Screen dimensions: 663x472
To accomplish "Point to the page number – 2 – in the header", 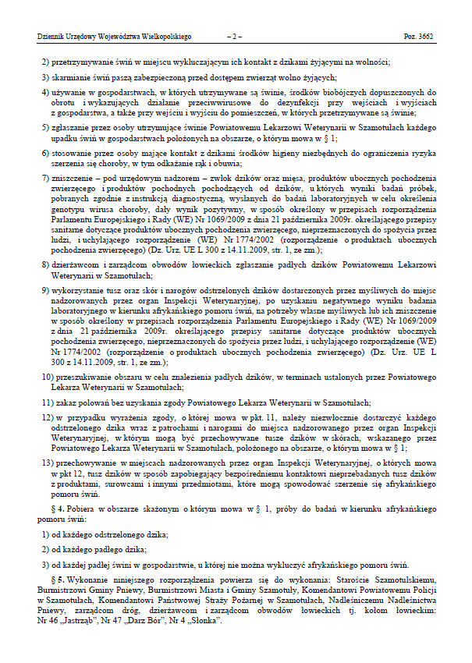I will point(235,36).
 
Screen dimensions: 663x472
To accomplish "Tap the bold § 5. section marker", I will point(69,582).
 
